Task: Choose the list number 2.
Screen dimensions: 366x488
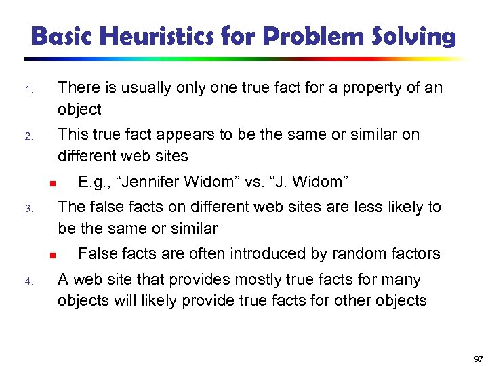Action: coord(28,137)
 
